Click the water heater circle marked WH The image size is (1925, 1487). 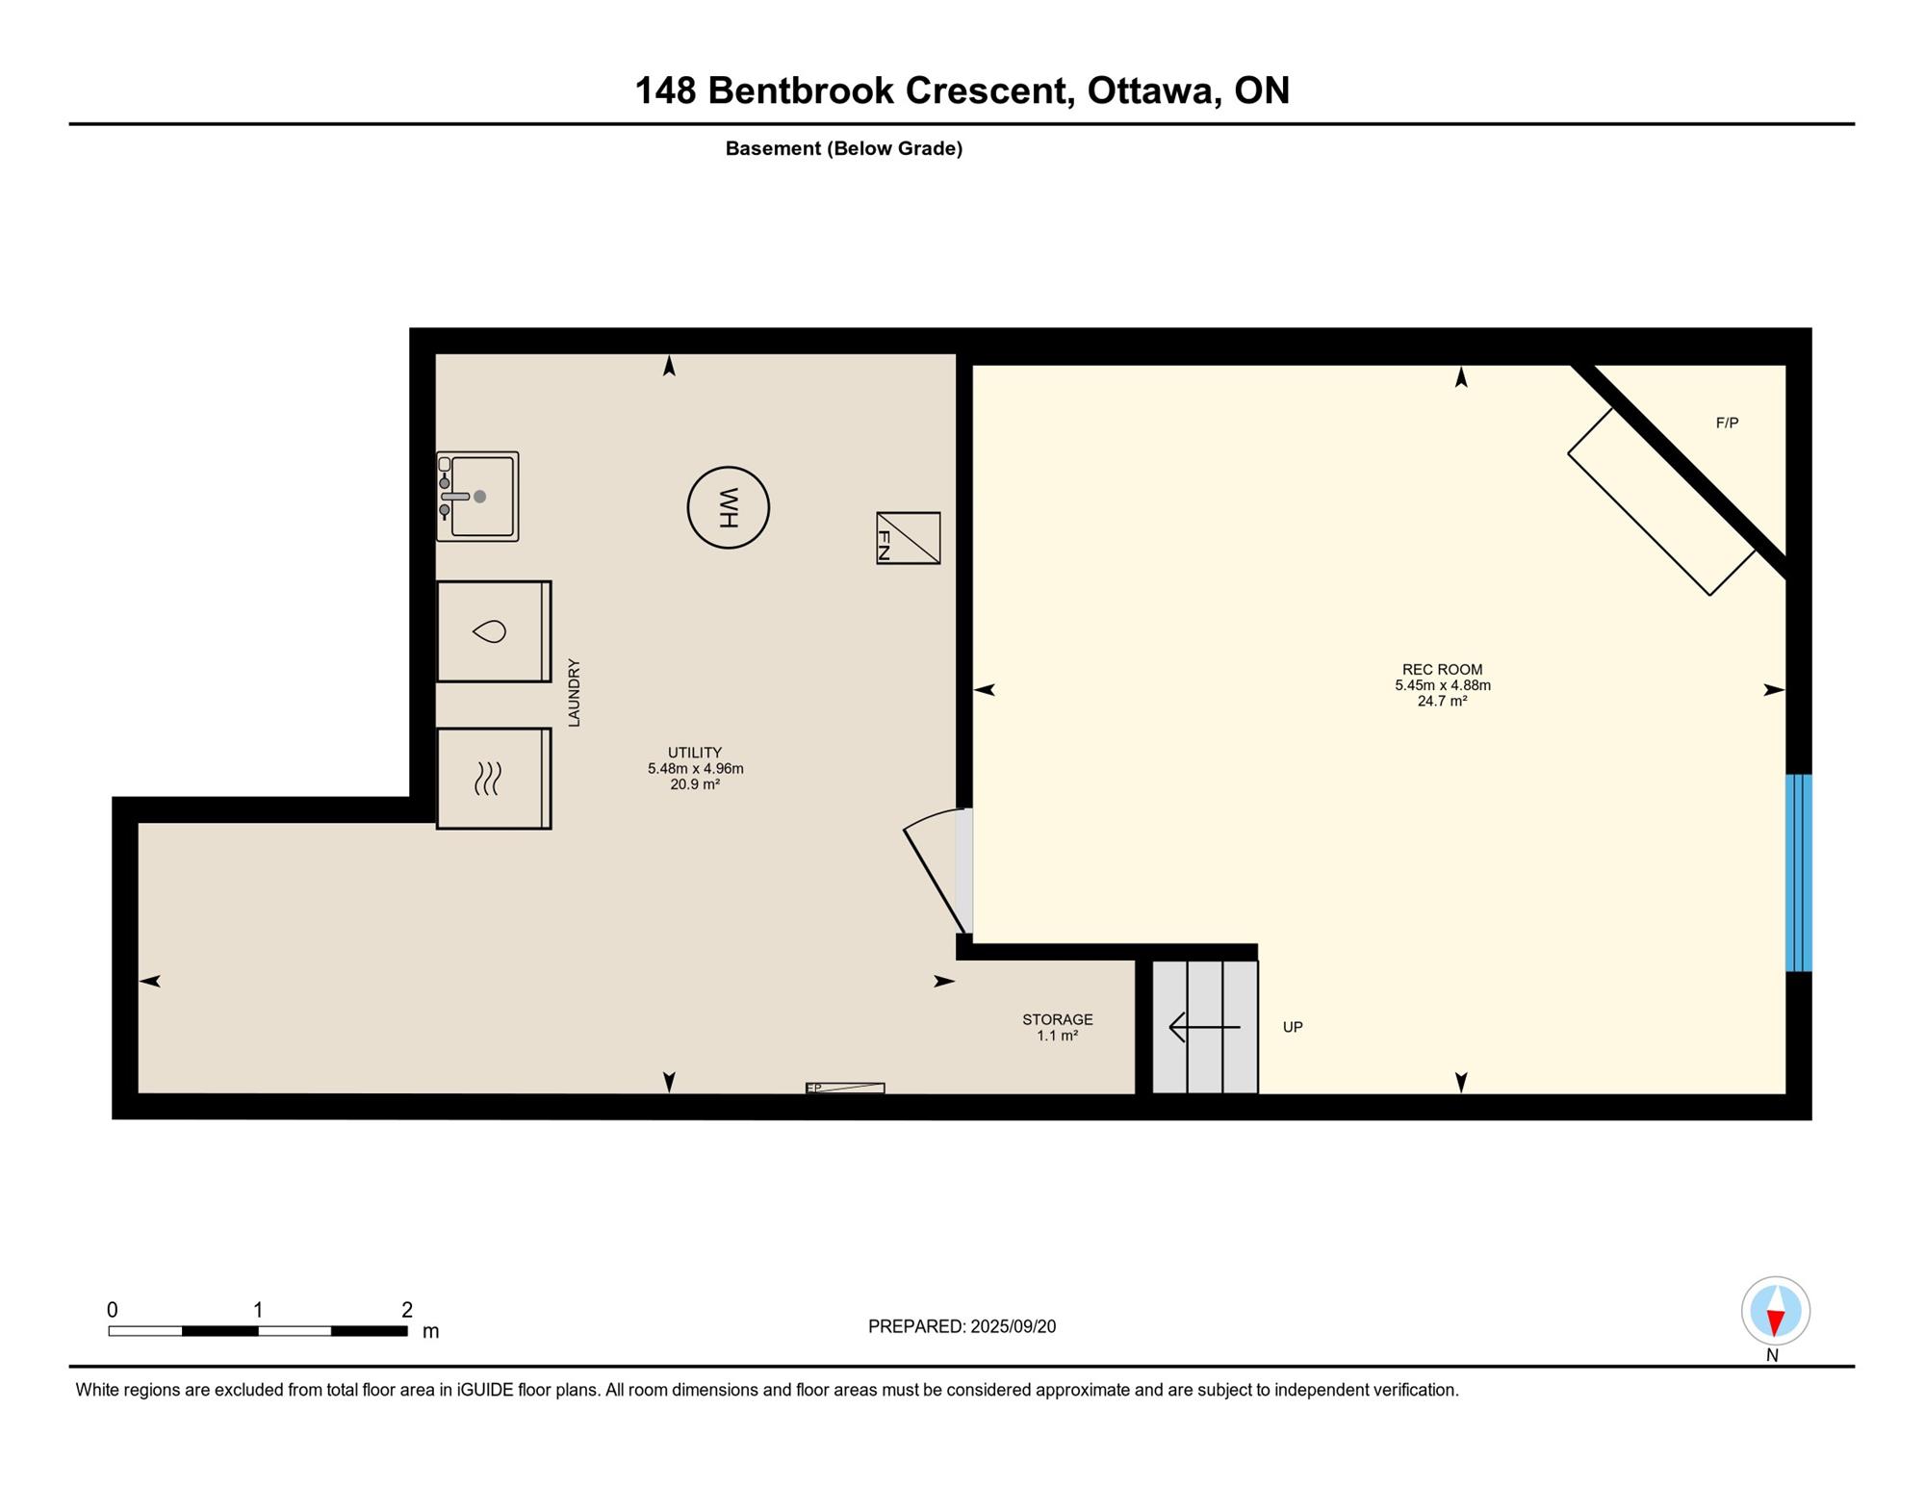pos(728,507)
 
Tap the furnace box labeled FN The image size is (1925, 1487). pos(908,538)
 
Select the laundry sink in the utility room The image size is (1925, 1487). pos(477,497)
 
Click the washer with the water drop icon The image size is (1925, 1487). pos(494,631)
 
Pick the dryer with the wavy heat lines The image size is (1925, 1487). pos(494,779)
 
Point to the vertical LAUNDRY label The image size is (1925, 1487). pos(574,692)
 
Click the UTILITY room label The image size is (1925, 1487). pos(695,753)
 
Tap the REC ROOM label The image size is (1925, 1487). pos(1442,670)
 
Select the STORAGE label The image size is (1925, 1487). pos(1057,1019)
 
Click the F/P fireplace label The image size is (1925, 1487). pos(1727,423)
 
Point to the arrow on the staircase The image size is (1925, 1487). pos(1204,1027)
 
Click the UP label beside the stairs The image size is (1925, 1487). pos(1293,1027)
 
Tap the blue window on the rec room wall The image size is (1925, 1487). pos(1798,873)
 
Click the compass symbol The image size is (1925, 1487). pos(1775,1311)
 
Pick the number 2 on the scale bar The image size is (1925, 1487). pos(407,1310)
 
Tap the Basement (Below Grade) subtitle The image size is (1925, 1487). pos(843,148)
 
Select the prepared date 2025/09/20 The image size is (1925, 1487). pos(1013,1326)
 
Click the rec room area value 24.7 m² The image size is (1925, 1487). pos(1442,701)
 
